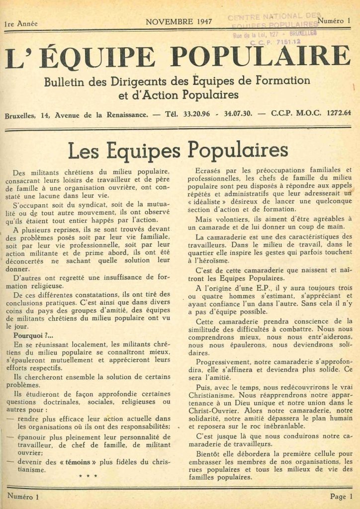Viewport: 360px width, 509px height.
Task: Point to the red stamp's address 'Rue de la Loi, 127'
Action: pos(259,35)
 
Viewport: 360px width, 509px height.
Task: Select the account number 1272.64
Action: pos(339,112)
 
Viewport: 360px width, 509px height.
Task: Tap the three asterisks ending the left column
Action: pos(88,477)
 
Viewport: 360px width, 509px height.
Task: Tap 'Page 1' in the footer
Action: pos(341,497)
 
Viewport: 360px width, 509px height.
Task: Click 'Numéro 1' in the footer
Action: pos(22,497)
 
